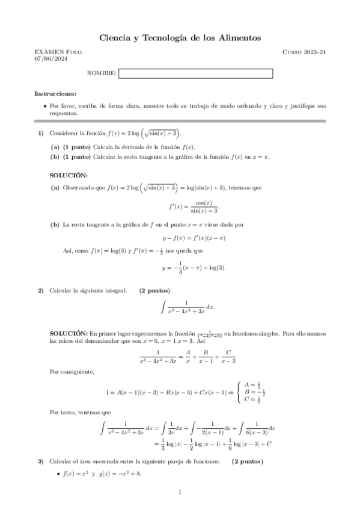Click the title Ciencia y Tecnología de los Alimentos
click(x=180, y=38)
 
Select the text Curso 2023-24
click(x=304, y=52)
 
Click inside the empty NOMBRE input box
click(x=195, y=73)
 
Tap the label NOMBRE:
click(x=102, y=73)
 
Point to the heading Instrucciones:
click(x=55, y=94)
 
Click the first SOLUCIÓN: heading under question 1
click(x=68, y=174)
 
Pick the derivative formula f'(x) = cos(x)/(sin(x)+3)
click(x=190, y=206)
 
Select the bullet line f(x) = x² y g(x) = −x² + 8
click(x=102, y=474)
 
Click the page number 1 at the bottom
click(x=180, y=493)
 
